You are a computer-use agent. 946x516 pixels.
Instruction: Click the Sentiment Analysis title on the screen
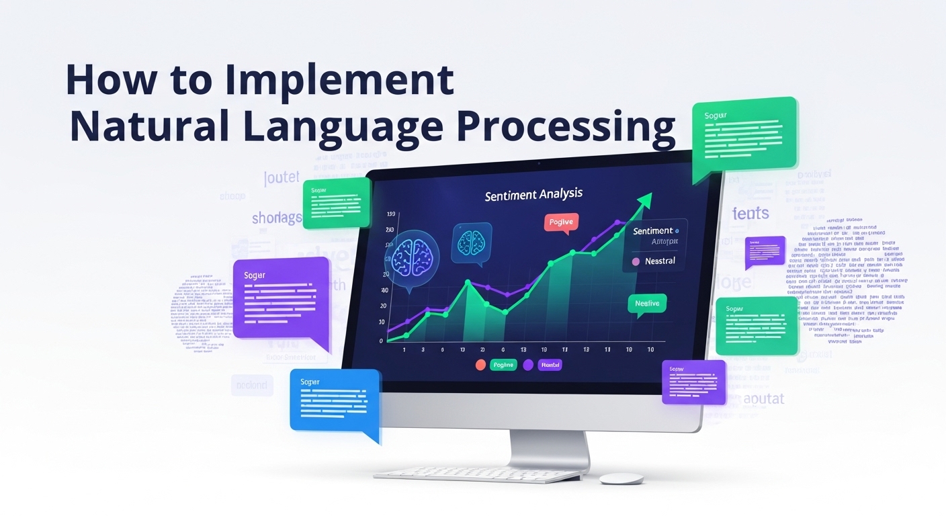coord(533,195)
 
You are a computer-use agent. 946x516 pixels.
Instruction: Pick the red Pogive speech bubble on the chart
coord(561,222)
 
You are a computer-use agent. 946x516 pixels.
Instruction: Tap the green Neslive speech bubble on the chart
coord(647,304)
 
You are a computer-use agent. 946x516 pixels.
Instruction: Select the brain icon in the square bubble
coord(471,240)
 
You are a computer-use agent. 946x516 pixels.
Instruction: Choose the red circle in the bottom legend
coord(480,365)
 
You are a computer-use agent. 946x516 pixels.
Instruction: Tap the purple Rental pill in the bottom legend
coord(550,365)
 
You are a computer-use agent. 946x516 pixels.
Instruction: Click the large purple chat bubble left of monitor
coord(281,298)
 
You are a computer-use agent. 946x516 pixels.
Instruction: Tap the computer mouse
coord(621,478)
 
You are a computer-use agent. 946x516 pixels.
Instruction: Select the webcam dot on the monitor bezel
coord(538,163)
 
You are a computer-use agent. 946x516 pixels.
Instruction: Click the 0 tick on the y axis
coord(381,341)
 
